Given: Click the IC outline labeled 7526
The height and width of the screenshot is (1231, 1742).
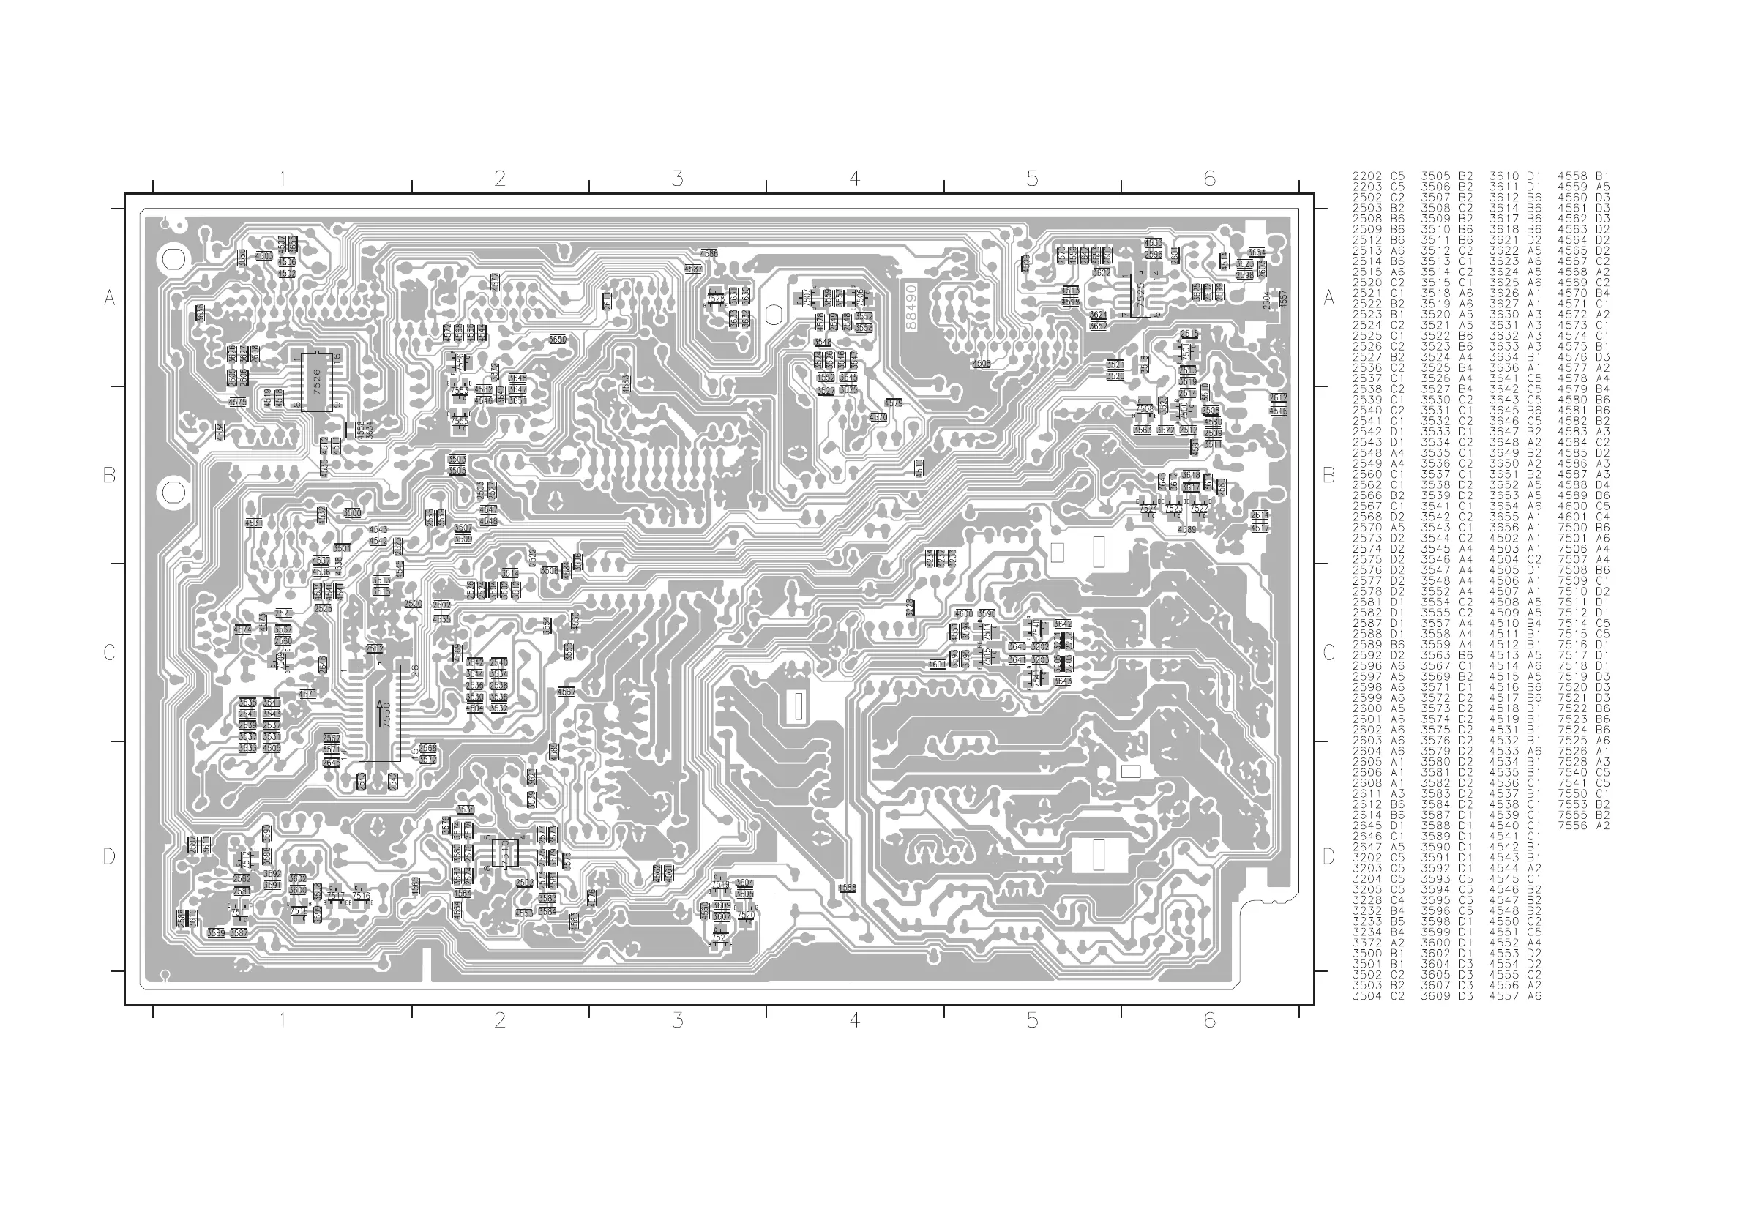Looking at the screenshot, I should [x=317, y=381].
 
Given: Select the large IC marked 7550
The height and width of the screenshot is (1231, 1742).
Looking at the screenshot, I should [x=379, y=713].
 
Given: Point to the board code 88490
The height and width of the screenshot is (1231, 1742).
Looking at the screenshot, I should [x=911, y=307].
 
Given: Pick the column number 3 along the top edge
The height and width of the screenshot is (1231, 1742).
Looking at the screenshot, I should [x=678, y=179].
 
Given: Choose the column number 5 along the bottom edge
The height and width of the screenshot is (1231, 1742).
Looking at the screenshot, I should [x=1032, y=1021].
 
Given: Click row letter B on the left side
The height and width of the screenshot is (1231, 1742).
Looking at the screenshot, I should [x=109, y=476].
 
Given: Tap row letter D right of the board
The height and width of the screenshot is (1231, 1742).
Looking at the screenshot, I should [x=1328, y=856].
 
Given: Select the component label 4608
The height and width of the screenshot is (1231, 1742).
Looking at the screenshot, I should [x=981, y=363].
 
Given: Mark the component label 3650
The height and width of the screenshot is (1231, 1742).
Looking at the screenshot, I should [x=557, y=339].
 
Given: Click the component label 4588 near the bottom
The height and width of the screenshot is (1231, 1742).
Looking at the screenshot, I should [x=847, y=886].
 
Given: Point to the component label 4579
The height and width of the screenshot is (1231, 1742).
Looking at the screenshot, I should [x=894, y=403].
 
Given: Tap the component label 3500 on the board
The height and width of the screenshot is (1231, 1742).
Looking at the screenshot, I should [x=352, y=514].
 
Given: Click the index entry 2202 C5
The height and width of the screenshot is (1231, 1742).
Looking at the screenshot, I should [x=1378, y=176].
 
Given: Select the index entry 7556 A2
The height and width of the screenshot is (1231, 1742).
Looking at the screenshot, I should [x=1583, y=826].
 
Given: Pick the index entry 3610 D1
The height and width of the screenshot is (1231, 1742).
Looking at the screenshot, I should [x=1515, y=176].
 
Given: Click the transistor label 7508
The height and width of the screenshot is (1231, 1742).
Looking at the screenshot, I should [x=1144, y=409].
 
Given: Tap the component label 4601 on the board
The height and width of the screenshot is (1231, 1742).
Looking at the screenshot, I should [x=937, y=665].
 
